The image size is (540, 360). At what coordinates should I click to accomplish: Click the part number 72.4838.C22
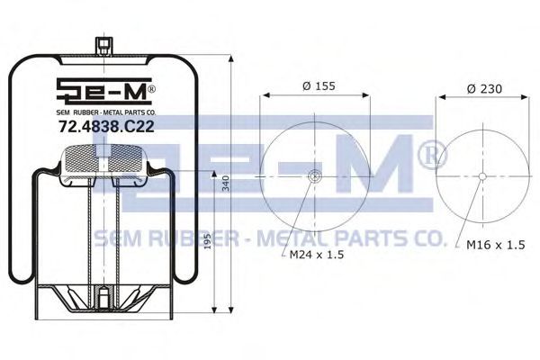tap(106, 126)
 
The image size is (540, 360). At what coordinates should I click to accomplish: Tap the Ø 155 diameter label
tap(319, 85)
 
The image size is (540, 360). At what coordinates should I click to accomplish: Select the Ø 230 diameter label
tap(484, 89)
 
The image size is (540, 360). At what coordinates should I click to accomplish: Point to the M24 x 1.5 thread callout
tap(317, 255)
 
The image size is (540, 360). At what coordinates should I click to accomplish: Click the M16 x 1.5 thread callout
tap(496, 245)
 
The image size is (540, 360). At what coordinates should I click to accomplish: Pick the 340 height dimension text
tap(225, 184)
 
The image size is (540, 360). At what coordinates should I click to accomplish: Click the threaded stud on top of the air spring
tap(103, 46)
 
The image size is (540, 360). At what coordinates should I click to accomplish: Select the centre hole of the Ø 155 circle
tap(314, 176)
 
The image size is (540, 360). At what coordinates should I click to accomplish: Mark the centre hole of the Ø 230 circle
tap(482, 176)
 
